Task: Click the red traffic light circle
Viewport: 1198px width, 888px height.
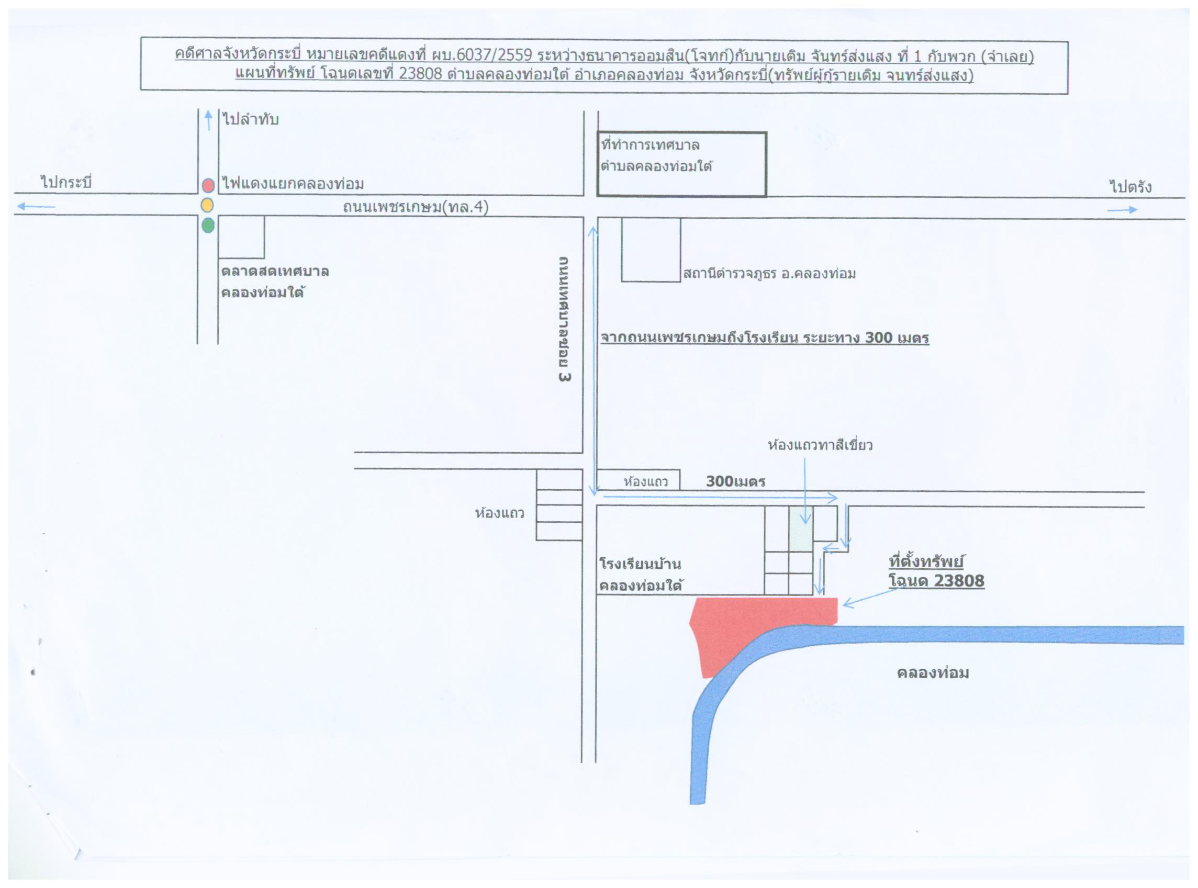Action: [x=208, y=185]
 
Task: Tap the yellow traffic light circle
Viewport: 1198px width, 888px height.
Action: [x=207, y=205]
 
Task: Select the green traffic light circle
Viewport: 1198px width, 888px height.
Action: [x=208, y=225]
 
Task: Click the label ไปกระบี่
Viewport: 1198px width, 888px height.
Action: [x=66, y=182]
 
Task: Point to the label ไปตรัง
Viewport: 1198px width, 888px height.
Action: [x=1130, y=186]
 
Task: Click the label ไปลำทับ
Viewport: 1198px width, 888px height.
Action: [x=251, y=119]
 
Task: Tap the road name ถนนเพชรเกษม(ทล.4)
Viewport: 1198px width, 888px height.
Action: [x=416, y=206]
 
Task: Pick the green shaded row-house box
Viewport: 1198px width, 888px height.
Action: [x=801, y=529]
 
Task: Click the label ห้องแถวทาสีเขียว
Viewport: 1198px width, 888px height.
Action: [x=820, y=445]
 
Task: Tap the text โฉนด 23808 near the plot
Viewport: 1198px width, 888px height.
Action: [x=936, y=581]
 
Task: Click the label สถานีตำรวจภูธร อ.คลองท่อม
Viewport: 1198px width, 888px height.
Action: [x=769, y=274]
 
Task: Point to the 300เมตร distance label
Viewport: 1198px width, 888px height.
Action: [x=735, y=481]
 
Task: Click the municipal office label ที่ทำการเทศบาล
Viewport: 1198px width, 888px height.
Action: [x=650, y=145]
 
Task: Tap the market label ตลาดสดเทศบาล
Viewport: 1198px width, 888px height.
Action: [x=275, y=271]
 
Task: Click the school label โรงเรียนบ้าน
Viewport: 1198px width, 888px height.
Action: [x=640, y=564]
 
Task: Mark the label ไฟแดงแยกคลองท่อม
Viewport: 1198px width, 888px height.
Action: [x=293, y=183]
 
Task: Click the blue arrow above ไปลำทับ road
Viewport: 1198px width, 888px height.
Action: [x=209, y=120]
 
